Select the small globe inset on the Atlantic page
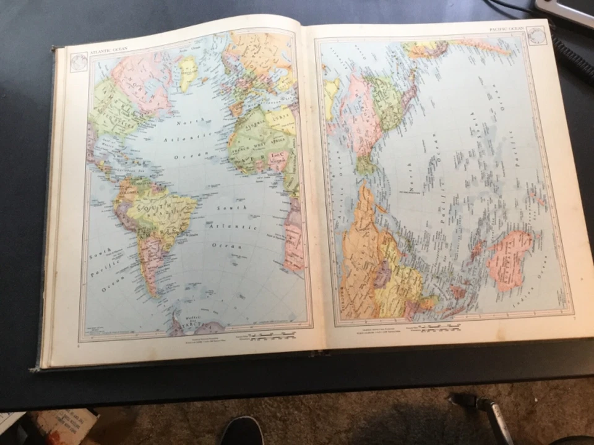pos(79,62)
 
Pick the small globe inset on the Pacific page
pos(536,35)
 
